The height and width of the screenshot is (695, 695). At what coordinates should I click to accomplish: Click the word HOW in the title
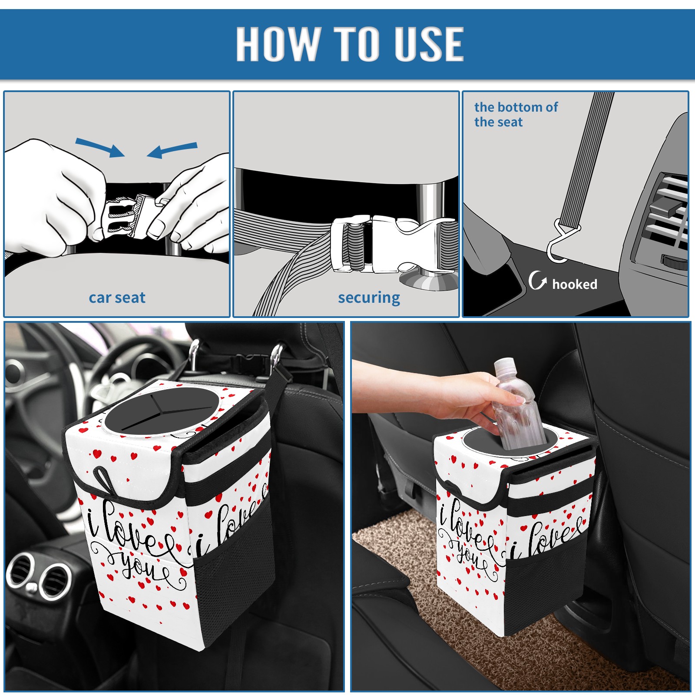[277, 43]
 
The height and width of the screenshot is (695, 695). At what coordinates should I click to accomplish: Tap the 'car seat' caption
[117, 298]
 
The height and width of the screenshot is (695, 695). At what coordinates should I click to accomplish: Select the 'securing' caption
[369, 298]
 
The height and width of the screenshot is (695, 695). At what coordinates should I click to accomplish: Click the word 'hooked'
[575, 284]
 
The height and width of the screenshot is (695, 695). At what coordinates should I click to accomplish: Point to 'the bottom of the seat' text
[516, 114]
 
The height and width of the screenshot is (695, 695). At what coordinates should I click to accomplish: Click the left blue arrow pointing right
[100, 148]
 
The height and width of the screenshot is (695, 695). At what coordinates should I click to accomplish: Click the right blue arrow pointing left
[172, 150]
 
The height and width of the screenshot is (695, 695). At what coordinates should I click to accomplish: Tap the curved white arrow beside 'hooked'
[538, 280]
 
